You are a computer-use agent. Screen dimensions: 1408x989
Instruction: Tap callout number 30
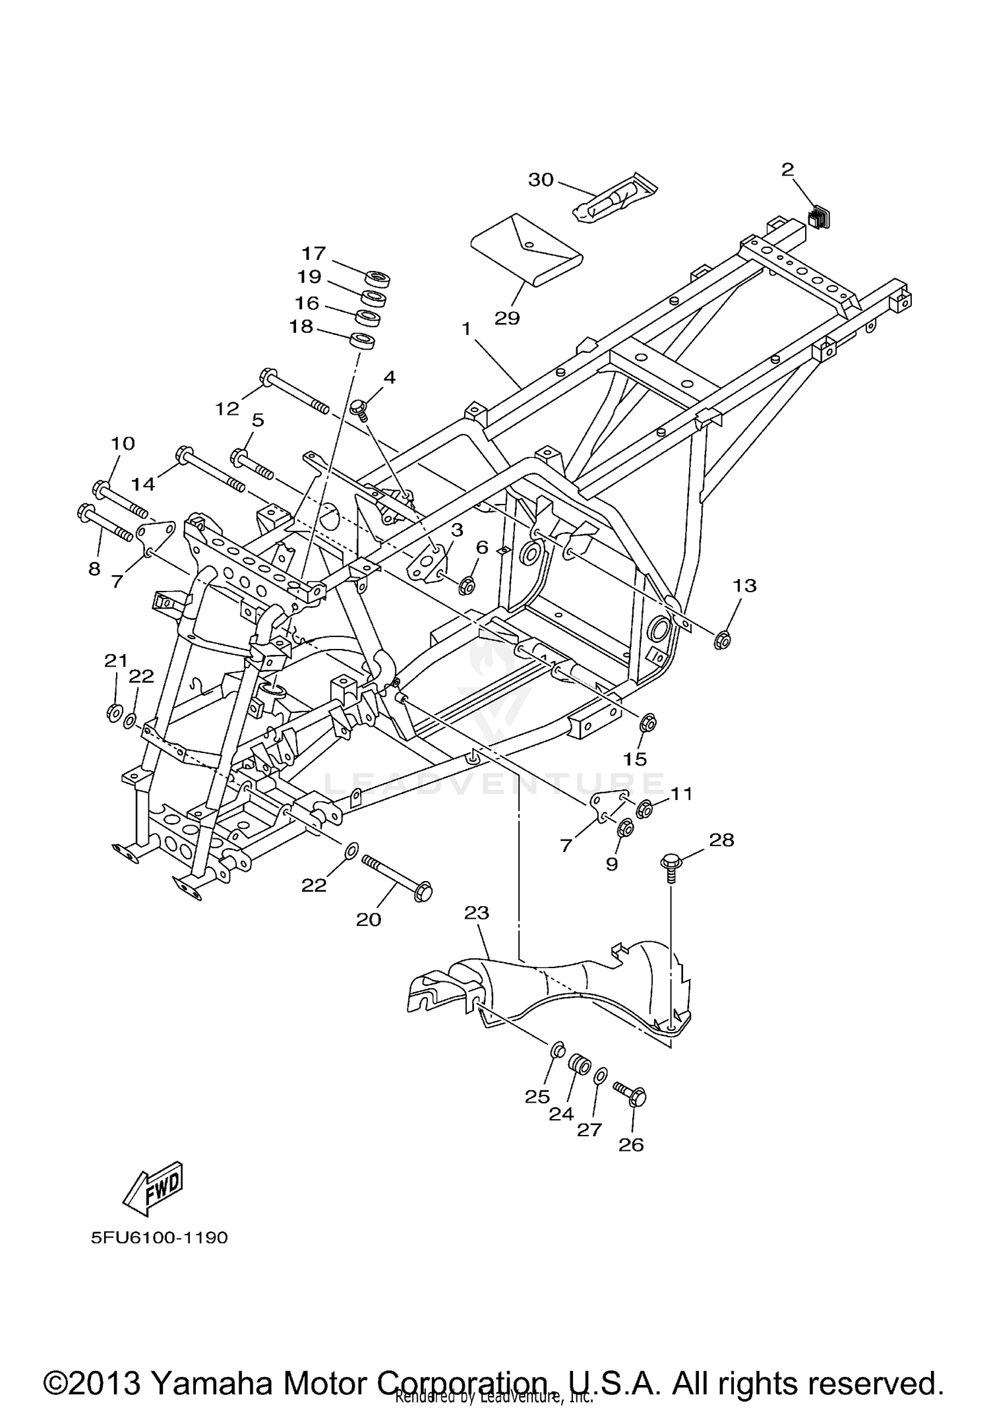point(541,179)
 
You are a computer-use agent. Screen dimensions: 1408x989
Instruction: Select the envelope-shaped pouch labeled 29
point(527,251)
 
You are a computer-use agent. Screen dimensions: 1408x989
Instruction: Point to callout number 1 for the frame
point(466,328)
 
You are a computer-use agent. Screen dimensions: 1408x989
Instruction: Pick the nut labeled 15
point(647,723)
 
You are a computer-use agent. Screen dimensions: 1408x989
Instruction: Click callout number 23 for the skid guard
point(476,913)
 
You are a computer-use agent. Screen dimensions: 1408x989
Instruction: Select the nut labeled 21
point(113,712)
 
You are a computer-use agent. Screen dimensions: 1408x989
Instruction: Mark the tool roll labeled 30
point(610,200)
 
